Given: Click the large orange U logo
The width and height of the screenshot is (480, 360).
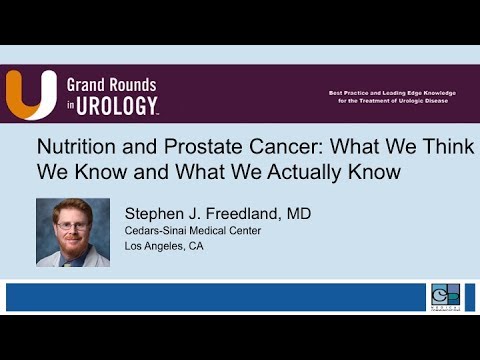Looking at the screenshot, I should click(x=30, y=94).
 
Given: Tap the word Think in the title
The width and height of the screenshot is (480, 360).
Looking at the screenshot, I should click(x=445, y=146).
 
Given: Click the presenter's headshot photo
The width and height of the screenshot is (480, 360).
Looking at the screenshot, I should click(x=72, y=232).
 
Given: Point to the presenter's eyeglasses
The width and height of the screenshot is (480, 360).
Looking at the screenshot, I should click(x=72, y=226).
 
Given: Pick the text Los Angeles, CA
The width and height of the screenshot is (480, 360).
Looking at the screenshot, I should click(x=164, y=246).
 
